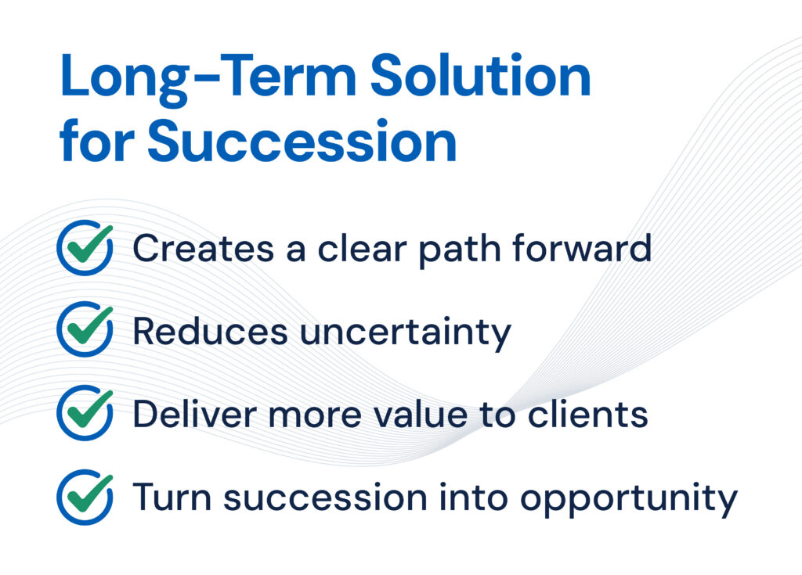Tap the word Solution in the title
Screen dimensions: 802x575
pos(481,75)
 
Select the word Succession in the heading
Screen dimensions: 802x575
pos(302,141)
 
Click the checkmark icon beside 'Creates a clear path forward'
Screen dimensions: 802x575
pos(85,248)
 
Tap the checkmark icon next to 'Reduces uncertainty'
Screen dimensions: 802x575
pos(85,329)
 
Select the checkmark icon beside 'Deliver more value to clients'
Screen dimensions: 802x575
pos(85,413)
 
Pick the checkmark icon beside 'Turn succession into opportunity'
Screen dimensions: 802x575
pos(85,497)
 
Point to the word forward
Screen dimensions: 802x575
pos(582,249)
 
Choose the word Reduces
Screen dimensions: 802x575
pos(210,331)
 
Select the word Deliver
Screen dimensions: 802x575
pos(194,414)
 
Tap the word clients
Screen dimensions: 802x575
pos(588,414)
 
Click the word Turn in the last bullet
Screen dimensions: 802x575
pos(172,497)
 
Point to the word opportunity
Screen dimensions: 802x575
pos(629,499)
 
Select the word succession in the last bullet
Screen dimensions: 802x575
pos(325,498)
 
